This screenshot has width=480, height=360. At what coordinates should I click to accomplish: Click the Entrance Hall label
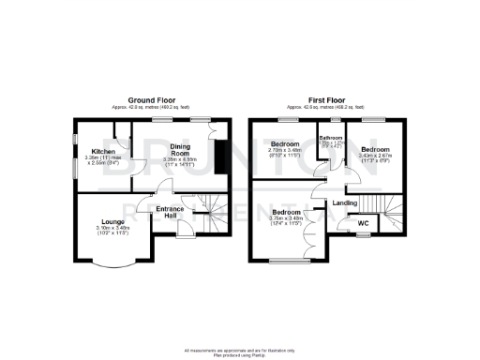(x=170, y=212)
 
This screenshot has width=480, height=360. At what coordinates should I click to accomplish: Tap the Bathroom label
(x=332, y=137)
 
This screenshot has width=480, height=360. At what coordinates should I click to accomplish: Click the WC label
(x=362, y=224)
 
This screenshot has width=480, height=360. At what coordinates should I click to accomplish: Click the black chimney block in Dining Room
(x=219, y=157)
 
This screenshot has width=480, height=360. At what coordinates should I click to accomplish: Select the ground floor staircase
(x=213, y=215)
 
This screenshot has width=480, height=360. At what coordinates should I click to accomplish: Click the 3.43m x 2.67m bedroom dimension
(x=375, y=158)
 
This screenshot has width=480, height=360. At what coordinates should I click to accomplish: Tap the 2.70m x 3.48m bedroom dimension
(x=284, y=152)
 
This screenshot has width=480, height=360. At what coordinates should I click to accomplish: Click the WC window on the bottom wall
(x=361, y=236)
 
